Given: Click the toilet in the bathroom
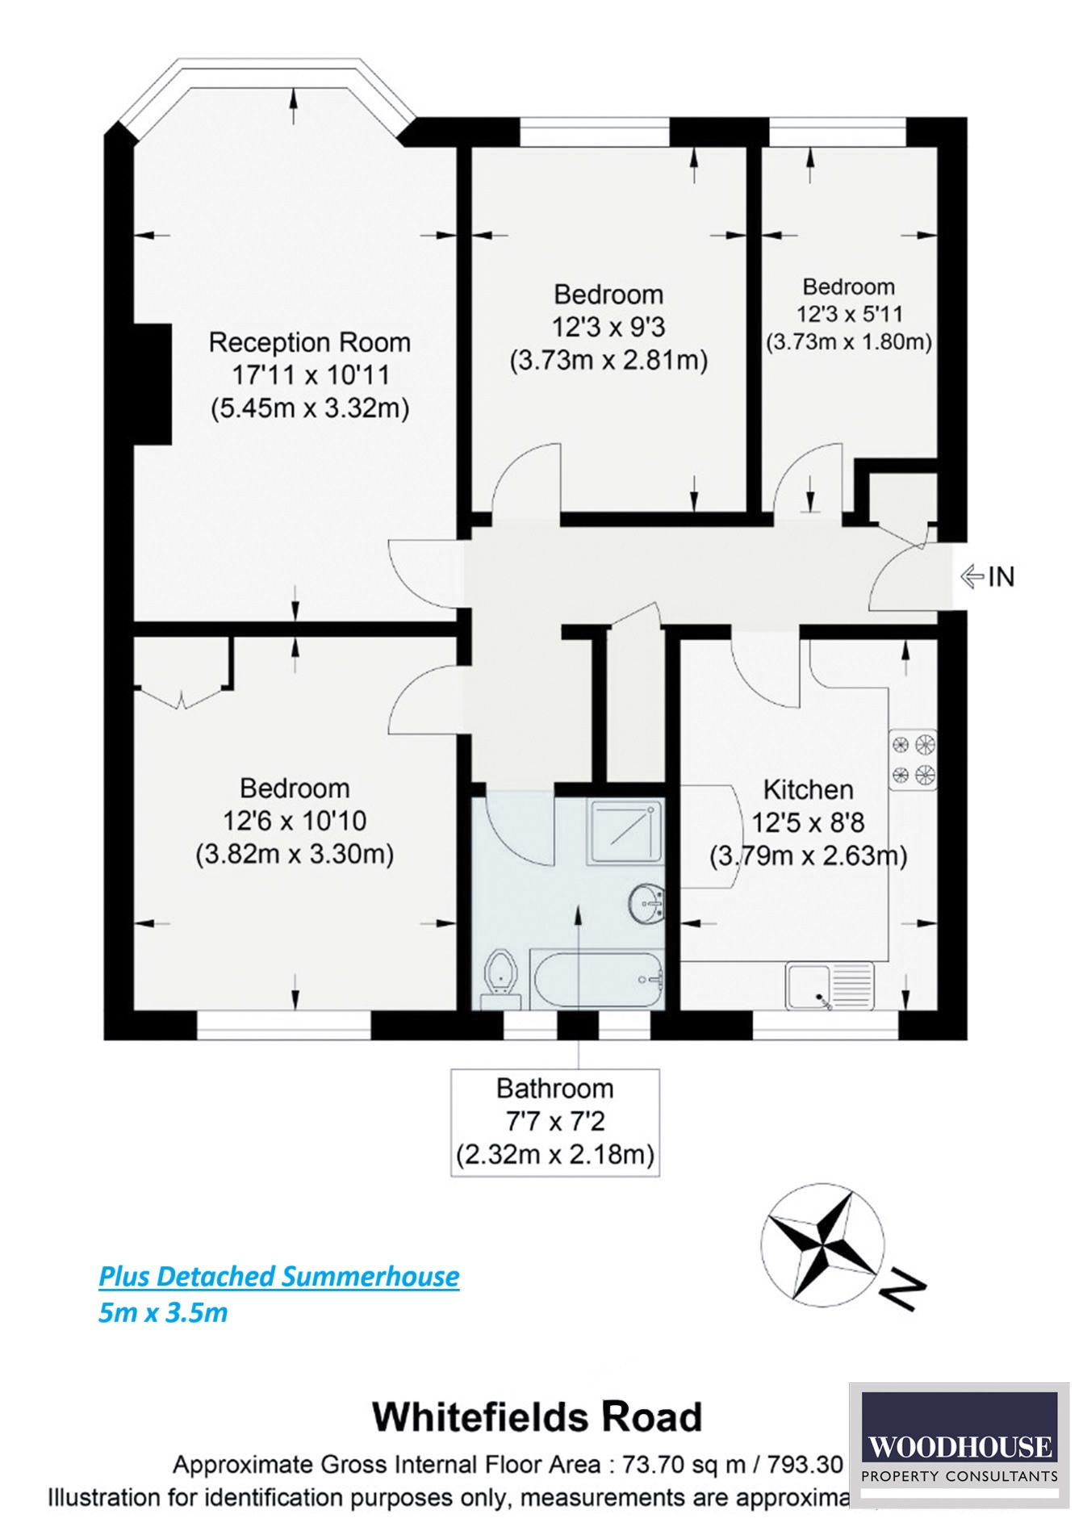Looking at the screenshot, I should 501,975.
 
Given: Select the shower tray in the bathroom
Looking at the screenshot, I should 626,831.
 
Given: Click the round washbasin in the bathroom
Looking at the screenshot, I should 646,904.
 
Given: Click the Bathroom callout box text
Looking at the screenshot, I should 555,1121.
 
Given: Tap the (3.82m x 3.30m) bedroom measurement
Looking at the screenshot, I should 295,854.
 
